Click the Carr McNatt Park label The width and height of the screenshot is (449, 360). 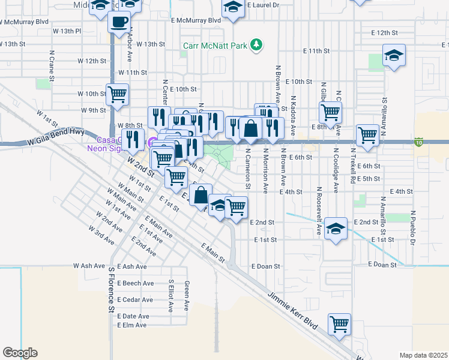coord(216,45)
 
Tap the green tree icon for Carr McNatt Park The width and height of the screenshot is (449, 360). coord(257,44)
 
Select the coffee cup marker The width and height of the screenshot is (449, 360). coord(118,23)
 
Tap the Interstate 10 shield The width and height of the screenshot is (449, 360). coord(419,142)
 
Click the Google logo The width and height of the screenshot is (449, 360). coord(20,353)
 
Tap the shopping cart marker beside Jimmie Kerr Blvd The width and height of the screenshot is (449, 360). coord(340,324)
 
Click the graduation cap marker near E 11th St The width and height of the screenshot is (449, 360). coord(394,56)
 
